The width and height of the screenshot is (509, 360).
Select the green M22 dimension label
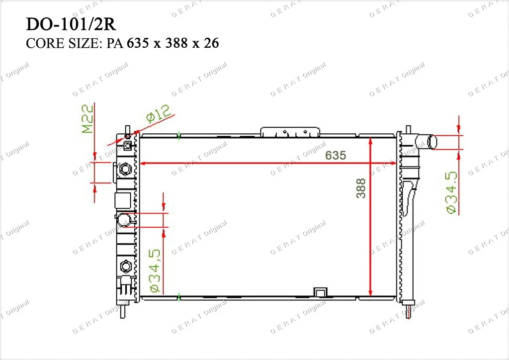tap(87, 119)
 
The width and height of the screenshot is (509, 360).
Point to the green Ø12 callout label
tap(159, 113)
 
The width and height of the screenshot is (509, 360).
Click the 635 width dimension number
tap(336, 156)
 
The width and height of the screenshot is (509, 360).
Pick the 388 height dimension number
tap(361, 188)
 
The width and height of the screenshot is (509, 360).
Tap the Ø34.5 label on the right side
tap(452, 192)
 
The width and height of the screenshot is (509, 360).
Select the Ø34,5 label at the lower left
tap(155, 270)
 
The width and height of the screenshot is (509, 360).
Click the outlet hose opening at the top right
tap(432, 142)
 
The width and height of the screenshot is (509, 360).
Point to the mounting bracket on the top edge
tap(290, 132)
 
